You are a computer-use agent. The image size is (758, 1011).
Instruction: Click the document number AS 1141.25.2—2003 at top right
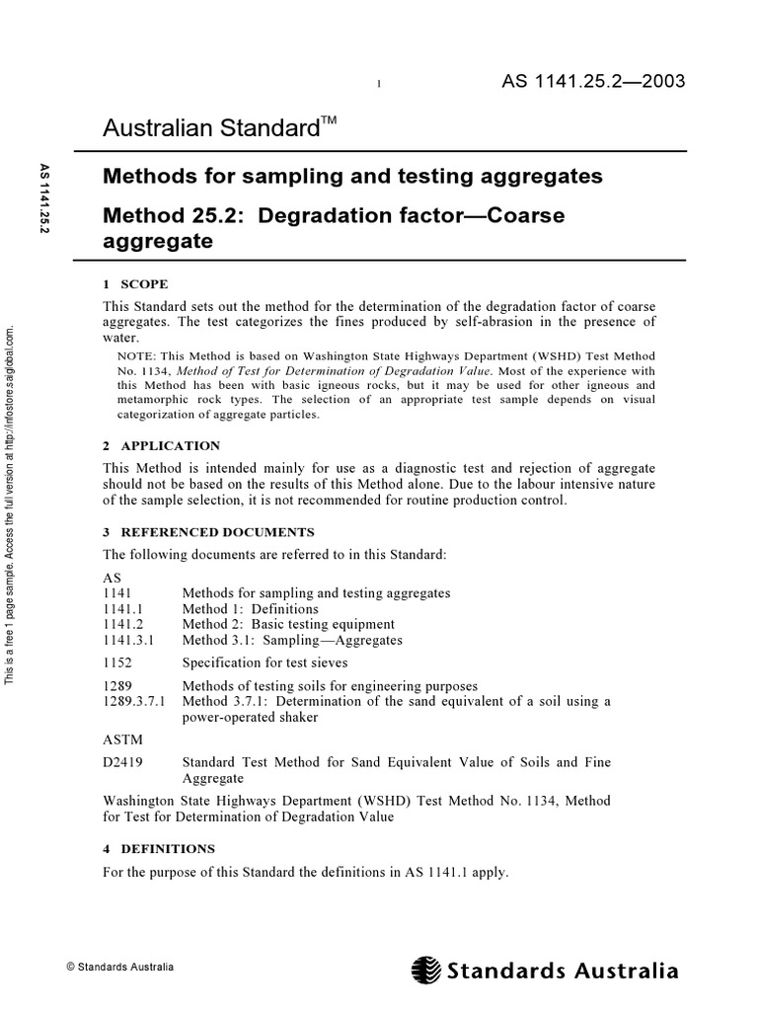coord(594,81)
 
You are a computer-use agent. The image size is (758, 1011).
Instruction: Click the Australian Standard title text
coord(206,128)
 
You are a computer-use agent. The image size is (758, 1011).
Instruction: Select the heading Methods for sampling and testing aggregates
coord(352,177)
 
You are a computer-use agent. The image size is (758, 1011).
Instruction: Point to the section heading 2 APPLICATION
coord(162,446)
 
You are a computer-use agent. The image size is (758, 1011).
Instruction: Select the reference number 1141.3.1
coord(127,640)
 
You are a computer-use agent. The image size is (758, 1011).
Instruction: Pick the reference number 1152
coord(117,662)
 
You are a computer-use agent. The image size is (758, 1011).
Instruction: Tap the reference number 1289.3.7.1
coord(134,701)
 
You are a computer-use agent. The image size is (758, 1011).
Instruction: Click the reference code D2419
coord(122,762)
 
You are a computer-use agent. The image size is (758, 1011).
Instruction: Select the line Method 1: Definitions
coord(250,609)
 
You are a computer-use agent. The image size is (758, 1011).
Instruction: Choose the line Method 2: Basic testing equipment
coord(288,624)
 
